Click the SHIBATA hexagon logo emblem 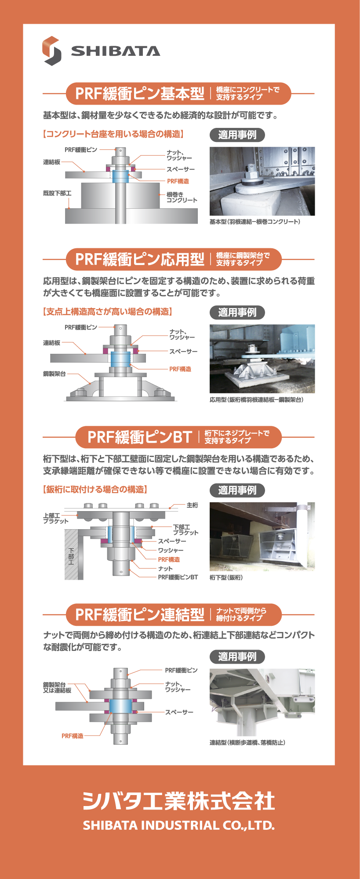click(x=52, y=51)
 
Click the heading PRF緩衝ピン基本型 click(x=140, y=94)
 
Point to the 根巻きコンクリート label click(x=182, y=197)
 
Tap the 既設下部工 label click(x=57, y=193)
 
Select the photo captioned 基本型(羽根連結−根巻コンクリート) click(x=262, y=181)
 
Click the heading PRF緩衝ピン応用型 click(x=140, y=259)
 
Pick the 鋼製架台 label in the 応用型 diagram click(x=54, y=374)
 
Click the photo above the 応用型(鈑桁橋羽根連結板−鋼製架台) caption click(x=262, y=359)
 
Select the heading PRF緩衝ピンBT click(x=140, y=437)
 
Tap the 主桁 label click(x=192, y=505)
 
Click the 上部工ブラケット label click(x=56, y=518)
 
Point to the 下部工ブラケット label click(x=185, y=530)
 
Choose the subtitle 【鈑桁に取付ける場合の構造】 click(x=95, y=489)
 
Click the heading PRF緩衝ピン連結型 click(x=140, y=614)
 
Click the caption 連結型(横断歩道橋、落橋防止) click(x=247, y=742)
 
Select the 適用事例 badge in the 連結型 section click(x=237, y=657)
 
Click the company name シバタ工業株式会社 click(x=179, y=800)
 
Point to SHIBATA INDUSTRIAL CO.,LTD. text click(x=179, y=825)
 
